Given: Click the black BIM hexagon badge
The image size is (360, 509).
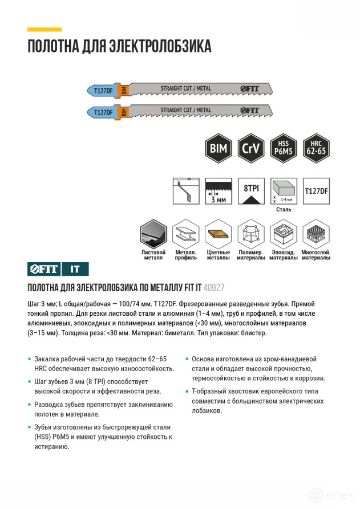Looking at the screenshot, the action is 219,148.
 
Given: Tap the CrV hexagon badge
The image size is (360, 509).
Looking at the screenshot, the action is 251,148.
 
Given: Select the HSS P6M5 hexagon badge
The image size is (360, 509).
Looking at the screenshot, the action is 284,148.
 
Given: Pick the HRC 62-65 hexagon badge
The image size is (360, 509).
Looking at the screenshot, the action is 316,148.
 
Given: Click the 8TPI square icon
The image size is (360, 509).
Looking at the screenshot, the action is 251,191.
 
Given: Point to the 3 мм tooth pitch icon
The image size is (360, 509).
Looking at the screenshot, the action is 219,191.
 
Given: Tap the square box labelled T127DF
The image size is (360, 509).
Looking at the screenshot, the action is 316,191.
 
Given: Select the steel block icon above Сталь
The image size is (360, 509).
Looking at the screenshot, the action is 284,191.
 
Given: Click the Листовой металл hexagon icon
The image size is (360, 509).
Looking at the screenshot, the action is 153,234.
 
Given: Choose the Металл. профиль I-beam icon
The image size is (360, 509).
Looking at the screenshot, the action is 186,234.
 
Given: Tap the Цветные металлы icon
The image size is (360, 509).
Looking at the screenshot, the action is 219,234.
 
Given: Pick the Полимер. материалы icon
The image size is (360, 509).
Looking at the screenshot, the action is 251,234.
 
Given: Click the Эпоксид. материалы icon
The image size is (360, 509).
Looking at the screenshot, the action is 284,234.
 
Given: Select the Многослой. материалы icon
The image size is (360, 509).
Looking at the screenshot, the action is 316,234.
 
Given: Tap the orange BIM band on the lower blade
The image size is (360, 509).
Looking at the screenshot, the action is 124,112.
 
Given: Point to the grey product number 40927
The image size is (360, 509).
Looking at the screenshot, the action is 214,288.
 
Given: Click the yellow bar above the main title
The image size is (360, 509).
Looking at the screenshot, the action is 45,30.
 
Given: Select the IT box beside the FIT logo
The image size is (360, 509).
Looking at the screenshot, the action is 75,269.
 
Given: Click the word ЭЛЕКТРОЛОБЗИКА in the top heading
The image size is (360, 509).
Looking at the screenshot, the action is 160,46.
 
